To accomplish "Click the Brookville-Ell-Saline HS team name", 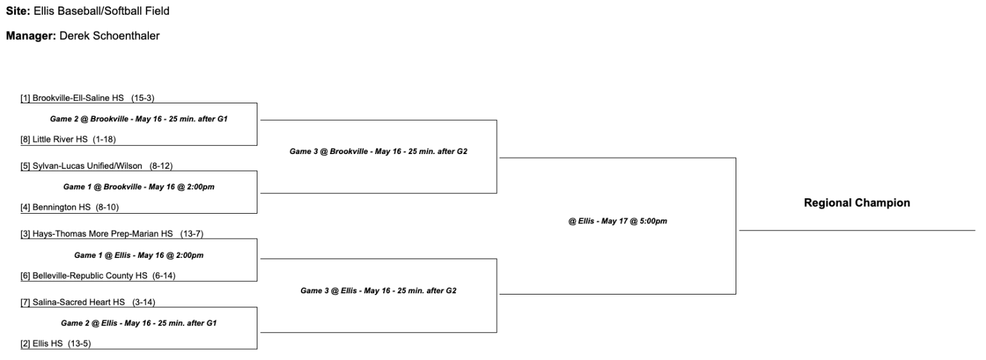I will click(78, 98).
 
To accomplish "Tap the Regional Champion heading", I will click(856, 203).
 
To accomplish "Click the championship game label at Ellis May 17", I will click(618, 221).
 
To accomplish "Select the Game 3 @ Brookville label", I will click(377, 151).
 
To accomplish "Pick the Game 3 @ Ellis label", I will click(378, 291).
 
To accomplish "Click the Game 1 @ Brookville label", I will click(139, 187).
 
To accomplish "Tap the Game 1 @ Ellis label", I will click(139, 255).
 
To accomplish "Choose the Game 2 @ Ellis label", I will click(139, 323).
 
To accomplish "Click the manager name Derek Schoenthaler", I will click(109, 36).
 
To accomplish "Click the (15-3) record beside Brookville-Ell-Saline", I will click(143, 98).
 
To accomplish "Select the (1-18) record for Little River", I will click(104, 139).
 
